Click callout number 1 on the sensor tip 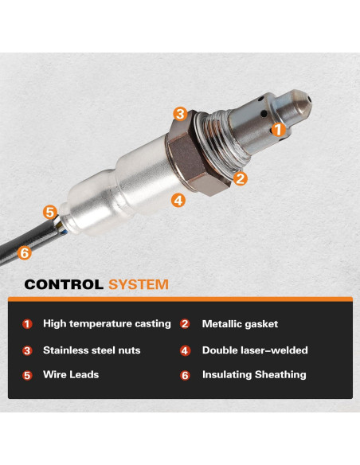click(x=277, y=128)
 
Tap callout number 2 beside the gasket click(x=241, y=179)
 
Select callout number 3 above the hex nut click(x=181, y=114)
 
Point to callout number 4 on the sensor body click(x=178, y=200)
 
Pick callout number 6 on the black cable click(x=24, y=253)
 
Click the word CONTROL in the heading click(x=64, y=284)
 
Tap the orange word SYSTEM click(x=138, y=284)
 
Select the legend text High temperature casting click(x=107, y=324)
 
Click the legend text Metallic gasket click(x=240, y=324)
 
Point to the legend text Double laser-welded click(x=254, y=350)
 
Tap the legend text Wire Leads click(x=71, y=374)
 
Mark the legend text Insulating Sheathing click(x=253, y=374)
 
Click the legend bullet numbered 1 click(x=27, y=324)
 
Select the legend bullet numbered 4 click(x=186, y=350)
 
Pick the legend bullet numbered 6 click(x=186, y=375)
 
